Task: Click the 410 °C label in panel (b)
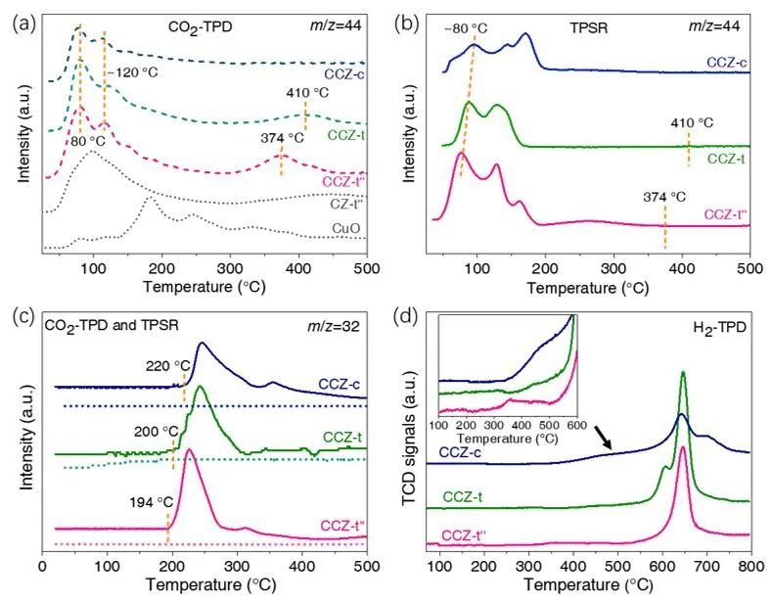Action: (x=692, y=123)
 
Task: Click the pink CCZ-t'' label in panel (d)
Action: (x=468, y=535)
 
